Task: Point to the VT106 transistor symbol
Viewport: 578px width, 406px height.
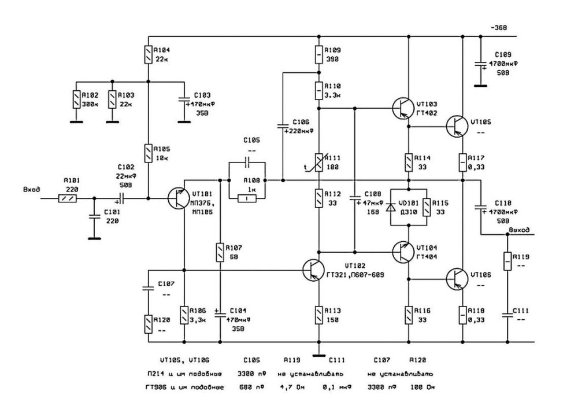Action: [x=457, y=279]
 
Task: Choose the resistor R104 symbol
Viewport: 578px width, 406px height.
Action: [x=149, y=56]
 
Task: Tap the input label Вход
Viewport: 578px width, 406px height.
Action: [x=31, y=189]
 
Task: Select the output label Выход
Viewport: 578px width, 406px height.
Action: [x=518, y=230]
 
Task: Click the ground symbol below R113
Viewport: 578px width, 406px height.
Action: [x=317, y=354]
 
